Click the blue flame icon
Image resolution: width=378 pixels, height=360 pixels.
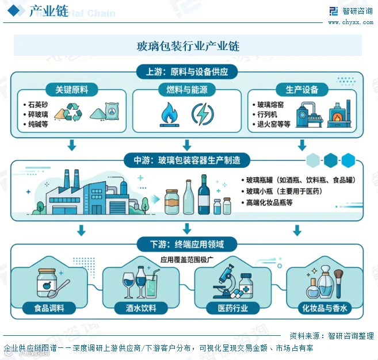(x=170, y=114)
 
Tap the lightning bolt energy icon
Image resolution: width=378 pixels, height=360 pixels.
(x=203, y=114)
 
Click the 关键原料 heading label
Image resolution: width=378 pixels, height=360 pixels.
(x=72, y=90)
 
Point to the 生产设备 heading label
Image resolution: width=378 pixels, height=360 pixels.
(x=302, y=90)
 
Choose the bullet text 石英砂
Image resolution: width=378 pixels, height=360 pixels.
(x=38, y=105)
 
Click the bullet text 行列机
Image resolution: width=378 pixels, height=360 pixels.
(x=268, y=114)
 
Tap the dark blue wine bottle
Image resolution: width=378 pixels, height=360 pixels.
(x=204, y=194)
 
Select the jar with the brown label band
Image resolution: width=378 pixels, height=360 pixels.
(x=172, y=202)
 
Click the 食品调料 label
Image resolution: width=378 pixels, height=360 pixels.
(x=49, y=308)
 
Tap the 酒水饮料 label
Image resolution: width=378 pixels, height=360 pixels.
(x=141, y=308)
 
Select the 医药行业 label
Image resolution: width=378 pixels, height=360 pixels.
(x=233, y=308)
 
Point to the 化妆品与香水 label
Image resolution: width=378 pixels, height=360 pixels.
(x=324, y=308)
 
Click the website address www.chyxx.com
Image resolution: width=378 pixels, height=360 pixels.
(x=351, y=22)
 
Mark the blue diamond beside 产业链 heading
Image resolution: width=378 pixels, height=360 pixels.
(x=14, y=10)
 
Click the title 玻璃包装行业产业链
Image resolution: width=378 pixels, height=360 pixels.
(x=188, y=46)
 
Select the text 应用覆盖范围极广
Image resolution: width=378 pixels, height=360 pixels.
(x=187, y=259)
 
